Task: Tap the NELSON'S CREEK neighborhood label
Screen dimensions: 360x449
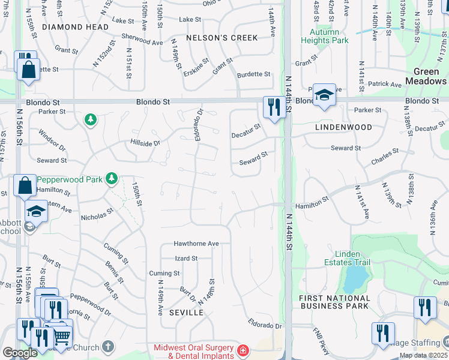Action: coord(222,38)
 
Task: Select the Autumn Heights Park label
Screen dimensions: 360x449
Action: coord(329,36)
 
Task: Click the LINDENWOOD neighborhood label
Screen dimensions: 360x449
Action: coord(343,127)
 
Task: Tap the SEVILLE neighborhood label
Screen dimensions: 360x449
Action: coord(182,313)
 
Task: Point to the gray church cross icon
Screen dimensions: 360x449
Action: coord(107,346)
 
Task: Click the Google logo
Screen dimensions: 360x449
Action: coord(20,352)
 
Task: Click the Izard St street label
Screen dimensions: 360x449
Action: coord(185,259)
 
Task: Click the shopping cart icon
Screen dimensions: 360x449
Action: coord(62,338)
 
